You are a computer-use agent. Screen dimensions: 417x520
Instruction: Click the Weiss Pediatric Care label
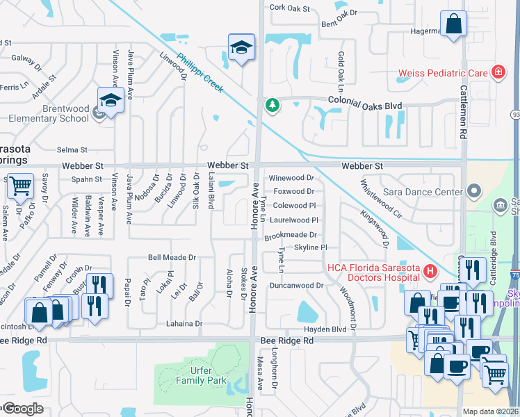point(442,73)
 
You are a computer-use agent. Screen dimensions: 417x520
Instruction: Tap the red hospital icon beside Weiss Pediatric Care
point(497,72)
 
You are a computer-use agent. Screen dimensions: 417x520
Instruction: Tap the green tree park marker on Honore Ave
point(272,106)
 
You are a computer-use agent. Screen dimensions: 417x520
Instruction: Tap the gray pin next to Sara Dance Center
point(474,190)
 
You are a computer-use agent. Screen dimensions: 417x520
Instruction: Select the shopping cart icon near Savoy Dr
point(21,186)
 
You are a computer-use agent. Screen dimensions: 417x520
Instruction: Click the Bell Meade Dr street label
point(172,257)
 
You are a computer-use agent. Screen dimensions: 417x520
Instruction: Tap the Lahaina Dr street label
point(184,324)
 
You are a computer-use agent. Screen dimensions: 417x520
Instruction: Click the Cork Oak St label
point(289,8)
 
